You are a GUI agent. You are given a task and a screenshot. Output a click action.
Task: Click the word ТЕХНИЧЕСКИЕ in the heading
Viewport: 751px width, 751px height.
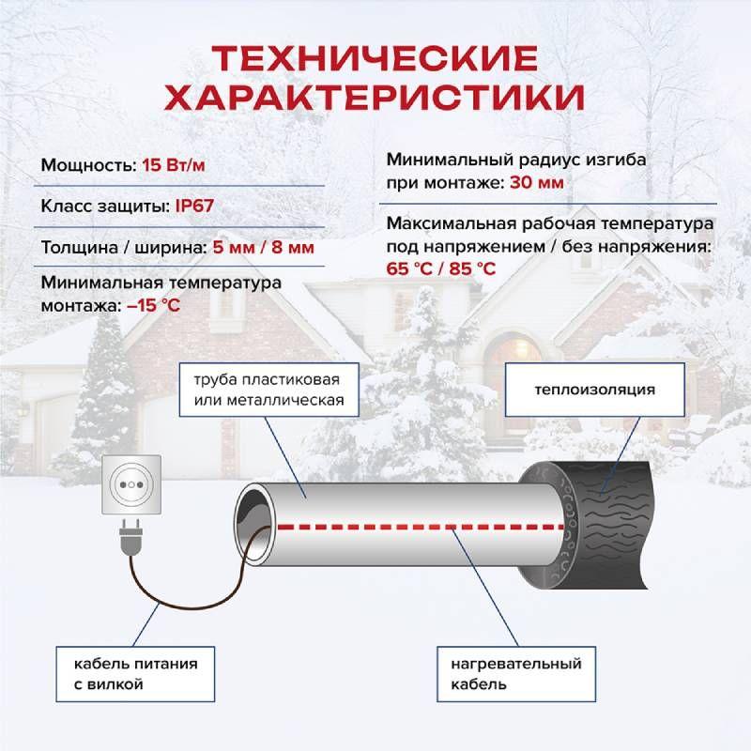coord(375,58)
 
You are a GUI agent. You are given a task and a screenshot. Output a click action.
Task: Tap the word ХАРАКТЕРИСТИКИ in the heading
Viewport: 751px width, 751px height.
coord(375,98)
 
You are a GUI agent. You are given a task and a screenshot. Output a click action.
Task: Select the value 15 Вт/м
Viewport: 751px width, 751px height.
coord(174,165)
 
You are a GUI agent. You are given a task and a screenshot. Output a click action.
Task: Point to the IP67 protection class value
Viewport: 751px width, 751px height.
coord(194,206)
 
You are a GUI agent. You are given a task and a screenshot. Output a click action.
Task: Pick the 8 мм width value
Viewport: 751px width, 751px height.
coord(293,248)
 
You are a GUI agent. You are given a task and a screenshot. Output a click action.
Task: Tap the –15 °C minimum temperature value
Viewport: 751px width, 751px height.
coord(154,305)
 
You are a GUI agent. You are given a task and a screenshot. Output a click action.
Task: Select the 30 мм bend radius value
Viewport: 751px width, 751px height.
coord(536,182)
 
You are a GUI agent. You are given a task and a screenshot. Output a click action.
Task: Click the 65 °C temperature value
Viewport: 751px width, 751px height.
coord(409,268)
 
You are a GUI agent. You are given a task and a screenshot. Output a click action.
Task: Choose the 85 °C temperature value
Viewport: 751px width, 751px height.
coord(472,268)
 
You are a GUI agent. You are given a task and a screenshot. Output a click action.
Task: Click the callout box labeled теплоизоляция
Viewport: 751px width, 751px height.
coord(595,390)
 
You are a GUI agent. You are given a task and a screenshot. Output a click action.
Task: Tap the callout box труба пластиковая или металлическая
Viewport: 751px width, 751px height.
coord(269,390)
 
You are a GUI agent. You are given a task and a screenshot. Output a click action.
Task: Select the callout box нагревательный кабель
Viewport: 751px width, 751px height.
coord(516,674)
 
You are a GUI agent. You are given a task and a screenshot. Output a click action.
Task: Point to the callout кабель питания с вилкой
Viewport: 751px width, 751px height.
coord(135,674)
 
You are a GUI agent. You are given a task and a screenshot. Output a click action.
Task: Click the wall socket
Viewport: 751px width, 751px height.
coord(131,484)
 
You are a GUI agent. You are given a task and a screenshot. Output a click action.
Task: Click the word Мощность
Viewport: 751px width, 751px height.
coord(89,165)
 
